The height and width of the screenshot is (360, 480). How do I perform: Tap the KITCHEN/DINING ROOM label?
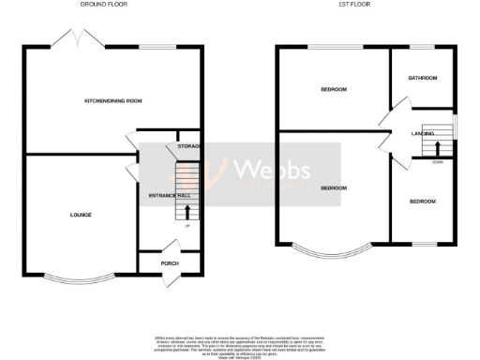click(x=113, y=101)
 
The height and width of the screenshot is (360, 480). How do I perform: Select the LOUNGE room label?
click(x=81, y=215)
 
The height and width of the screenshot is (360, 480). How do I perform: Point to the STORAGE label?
click(x=188, y=146)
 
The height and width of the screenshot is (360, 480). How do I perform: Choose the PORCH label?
click(x=170, y=263)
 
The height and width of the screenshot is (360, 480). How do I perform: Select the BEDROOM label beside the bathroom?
click(x=334, y=90)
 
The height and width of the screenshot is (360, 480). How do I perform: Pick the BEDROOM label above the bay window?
click(x=334, y=188)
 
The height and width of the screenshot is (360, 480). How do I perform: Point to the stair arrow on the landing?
click(x=438, y=146)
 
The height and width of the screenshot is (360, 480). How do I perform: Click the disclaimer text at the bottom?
click(x=240, y=344)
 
